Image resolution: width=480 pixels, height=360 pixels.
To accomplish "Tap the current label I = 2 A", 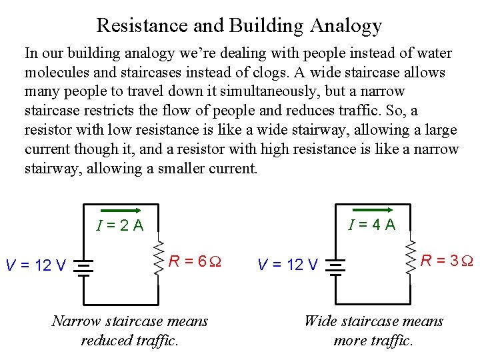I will [120, 225].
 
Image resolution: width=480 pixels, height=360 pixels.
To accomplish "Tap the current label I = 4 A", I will [372, 225].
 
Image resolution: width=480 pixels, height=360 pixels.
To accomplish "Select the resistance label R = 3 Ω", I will [447, 260].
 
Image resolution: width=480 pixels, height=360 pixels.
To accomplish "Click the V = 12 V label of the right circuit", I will [287, 265].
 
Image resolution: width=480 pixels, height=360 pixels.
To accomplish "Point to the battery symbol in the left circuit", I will [83, 265].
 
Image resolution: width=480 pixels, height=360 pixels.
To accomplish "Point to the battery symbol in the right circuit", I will [335, 265].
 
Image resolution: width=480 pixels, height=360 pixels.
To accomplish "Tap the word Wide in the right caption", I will [320, 321].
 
